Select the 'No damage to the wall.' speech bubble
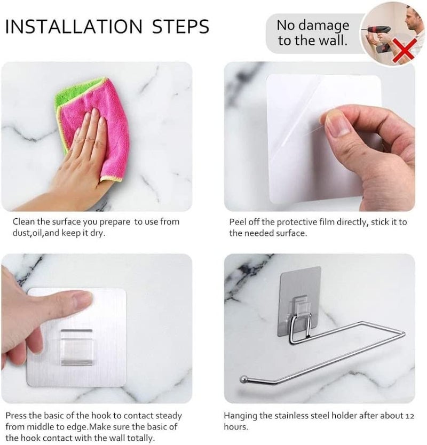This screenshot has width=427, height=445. point(313,33)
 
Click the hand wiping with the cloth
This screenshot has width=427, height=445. point(80,160)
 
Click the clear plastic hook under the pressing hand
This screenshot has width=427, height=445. point(77,347)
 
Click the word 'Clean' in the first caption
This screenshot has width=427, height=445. point(24,221)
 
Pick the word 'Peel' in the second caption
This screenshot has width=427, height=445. point(238,221)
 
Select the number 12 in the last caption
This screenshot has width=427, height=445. point(410,416)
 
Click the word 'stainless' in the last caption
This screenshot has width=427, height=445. point(297,415)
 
